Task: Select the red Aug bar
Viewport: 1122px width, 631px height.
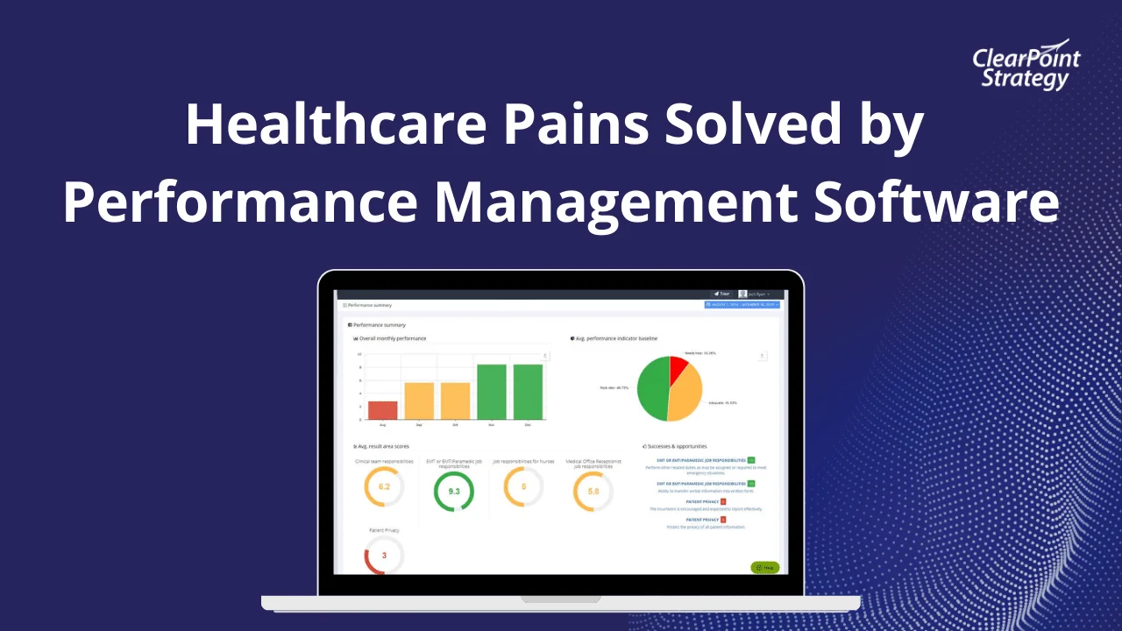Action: point(382,410)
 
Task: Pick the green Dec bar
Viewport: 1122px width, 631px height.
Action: point(529,392)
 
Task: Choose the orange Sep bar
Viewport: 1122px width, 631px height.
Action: point(419,401)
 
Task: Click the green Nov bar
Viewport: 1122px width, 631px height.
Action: point(492,392)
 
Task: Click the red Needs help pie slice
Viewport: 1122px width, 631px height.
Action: point(677,369)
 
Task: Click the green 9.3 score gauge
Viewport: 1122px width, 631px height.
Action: point(454,492)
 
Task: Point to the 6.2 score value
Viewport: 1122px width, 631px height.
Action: point(384,486)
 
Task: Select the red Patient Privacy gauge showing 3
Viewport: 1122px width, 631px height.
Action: point(384,556)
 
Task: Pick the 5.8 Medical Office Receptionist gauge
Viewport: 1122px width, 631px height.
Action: point(593,492)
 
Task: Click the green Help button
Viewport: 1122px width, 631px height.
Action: point(764,567)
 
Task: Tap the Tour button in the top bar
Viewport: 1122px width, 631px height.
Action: point(721,294)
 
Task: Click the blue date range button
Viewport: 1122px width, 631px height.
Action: point(742,305)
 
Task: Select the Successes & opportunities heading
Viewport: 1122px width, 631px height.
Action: point(676,446)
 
